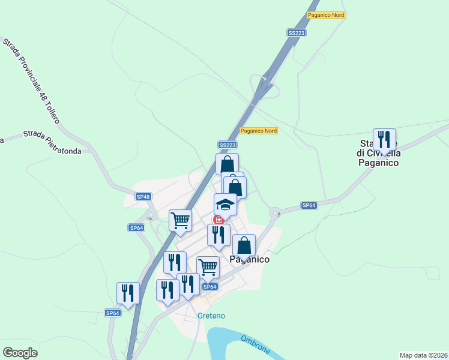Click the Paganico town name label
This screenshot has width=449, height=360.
(250, 260)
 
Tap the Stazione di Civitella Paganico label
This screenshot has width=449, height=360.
(379, 153)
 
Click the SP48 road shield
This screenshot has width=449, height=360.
(143, 196)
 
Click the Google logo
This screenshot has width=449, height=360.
(20, 353)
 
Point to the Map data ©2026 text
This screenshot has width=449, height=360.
(424, 355)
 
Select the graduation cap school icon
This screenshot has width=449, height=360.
(226, 204)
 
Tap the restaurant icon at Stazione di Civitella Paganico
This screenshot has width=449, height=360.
(384, 140)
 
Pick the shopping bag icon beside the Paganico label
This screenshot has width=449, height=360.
(244, 245)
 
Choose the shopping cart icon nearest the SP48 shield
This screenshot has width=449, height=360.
(180, 220)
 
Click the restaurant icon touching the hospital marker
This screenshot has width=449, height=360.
(218, 235)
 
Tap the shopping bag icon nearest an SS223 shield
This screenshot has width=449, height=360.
(228, 164)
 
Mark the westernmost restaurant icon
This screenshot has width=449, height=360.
(128, 293)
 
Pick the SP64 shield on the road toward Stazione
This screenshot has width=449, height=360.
(309, 205)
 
